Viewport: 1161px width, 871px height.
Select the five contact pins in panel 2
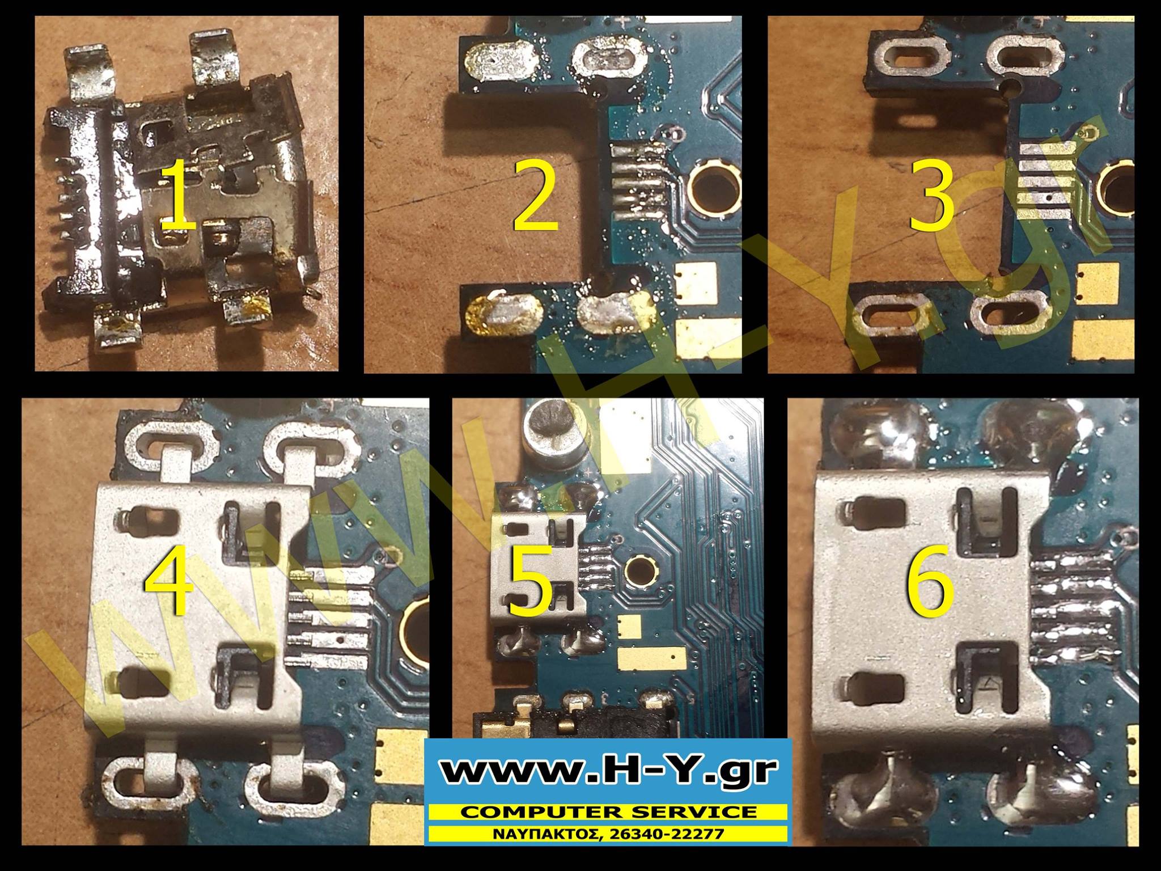pos(638,174)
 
